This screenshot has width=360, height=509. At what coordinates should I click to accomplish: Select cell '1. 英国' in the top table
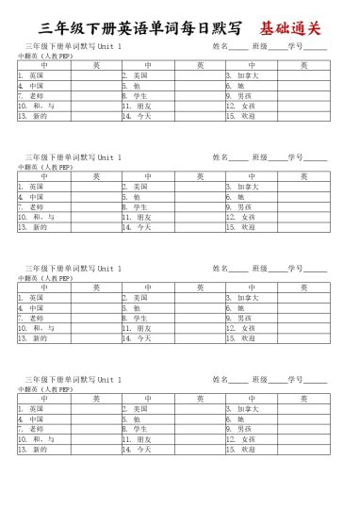click(x=31, y=74)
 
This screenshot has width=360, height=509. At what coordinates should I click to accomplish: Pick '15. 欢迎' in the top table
click(x=240, y=116)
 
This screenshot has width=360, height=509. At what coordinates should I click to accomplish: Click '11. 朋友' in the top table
click(x=137, y=106)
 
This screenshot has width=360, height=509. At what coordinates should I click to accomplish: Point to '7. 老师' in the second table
click(x=31, y=206)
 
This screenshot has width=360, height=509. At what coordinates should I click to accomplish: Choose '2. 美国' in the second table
click(x=135, y=186)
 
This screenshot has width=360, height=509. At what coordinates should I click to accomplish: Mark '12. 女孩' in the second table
click(x=240, y=217)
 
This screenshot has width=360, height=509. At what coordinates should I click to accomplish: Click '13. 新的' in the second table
click(x=32, y=227)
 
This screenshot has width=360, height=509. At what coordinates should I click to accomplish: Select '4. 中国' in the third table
click(x=31, y=307)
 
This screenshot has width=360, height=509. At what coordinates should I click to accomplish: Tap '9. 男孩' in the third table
click(x=238, y=318)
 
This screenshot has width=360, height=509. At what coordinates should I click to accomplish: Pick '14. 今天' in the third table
click(x=137, y=338)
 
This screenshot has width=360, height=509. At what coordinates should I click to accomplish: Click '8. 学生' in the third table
click(x=135, y=318)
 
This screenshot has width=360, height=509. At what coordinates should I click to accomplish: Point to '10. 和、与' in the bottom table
click(x=36, y=439)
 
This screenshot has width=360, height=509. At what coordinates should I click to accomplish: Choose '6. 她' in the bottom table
click(x=235, y=419)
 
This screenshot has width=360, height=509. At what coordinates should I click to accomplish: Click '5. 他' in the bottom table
click(x=131, y=419)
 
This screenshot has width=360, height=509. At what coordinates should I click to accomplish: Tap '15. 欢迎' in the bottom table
click(x=240, y=450)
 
